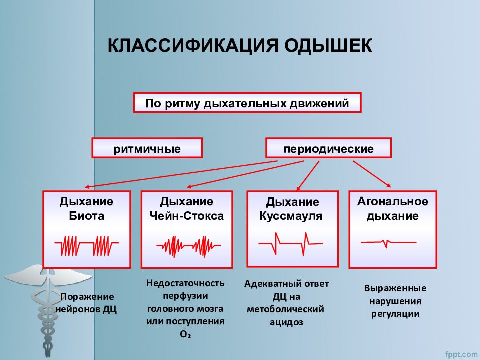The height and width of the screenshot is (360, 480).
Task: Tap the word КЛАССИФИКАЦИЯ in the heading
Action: tap(193, 46)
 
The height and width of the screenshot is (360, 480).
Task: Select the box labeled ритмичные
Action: tap(147, 148)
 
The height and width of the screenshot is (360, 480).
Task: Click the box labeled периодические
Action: tap(328, 148)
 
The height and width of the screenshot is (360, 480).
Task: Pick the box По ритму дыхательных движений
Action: tap(247, 103)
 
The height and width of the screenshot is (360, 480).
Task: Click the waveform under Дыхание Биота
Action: tap(86, 246)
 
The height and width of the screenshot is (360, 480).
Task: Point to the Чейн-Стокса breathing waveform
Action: tap(188, 246)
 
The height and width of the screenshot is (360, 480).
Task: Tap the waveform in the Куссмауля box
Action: tap(291, 243)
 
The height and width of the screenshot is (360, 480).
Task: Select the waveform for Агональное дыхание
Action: tap(389, 243)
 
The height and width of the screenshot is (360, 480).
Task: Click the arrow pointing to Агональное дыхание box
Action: tap(372, 174)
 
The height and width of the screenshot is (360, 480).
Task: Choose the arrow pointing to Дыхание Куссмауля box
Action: tap(308, 175)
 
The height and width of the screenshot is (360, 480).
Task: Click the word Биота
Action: tap(86, 216)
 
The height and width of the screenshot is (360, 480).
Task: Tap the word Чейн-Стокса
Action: tap(186, 216)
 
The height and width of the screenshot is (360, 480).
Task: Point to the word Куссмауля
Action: tap(291, 216)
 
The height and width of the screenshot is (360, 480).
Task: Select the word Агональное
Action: tap(393, 201)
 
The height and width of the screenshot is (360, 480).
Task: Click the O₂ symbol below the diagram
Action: tap(185, 334)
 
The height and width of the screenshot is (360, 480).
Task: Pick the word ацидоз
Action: tap(286, 322)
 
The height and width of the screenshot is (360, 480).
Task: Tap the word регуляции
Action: tap(395, 314)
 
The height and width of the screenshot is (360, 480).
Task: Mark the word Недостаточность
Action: tap(185, 283)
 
